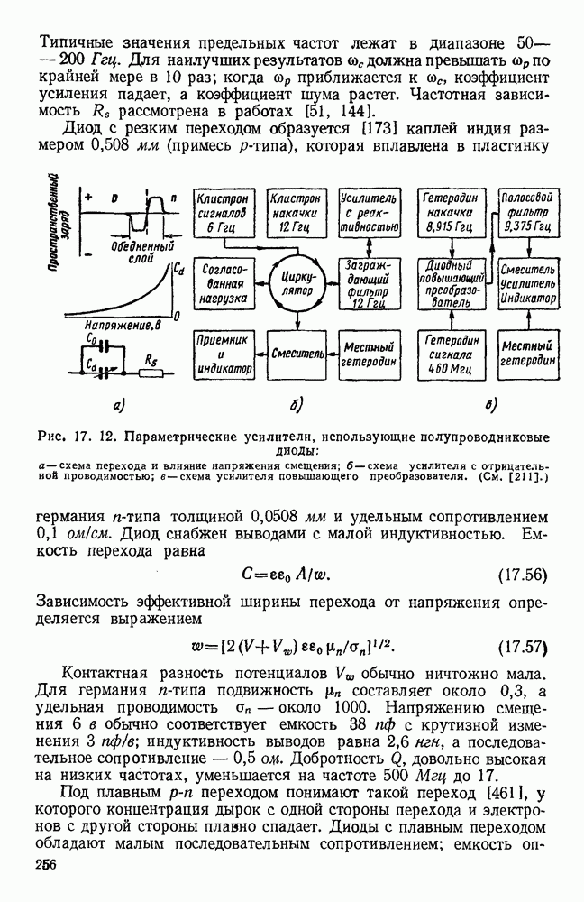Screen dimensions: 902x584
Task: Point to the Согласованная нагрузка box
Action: [223, 287]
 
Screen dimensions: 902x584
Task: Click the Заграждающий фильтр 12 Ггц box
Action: [367, 285]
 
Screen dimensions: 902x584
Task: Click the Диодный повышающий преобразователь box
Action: [449, 284]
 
